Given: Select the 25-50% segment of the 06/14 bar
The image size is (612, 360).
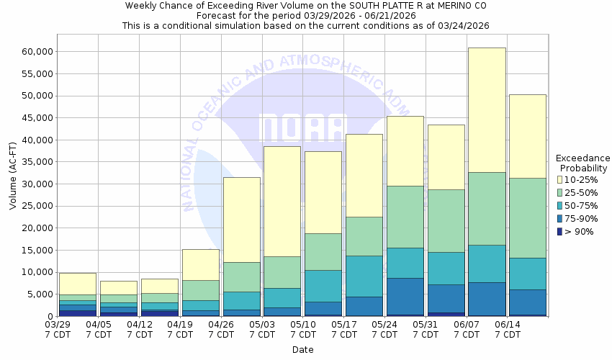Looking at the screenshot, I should (x=528, y=217).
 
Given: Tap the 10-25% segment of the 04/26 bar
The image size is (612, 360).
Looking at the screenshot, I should (x=241, y=220).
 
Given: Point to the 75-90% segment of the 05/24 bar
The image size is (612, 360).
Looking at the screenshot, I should (x=405, y=296).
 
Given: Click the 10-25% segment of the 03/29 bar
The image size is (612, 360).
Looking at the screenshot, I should (x=78, y=284).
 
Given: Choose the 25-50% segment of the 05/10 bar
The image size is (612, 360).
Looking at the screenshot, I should (x=323, y=251).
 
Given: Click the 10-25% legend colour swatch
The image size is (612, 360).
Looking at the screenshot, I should (x=560, y=179).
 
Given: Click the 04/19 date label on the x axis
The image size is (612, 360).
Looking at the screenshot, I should (x=180, y=325).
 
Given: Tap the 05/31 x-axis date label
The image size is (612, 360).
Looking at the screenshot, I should (x=426, y=325).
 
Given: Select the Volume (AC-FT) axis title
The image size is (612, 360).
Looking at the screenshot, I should (x=13, y=184).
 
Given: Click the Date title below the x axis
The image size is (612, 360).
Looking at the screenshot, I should (x=302, y=350).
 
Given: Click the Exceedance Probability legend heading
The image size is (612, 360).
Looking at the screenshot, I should (x=582, y=163).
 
